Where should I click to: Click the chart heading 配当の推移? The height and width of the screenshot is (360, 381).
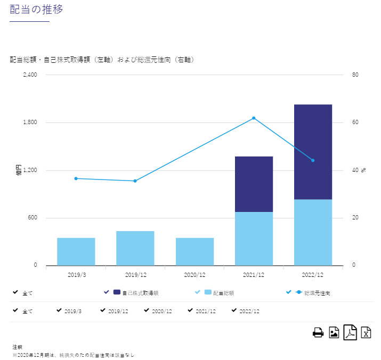click(x=37, y=9)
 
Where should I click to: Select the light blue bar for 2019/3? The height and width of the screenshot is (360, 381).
click(x=76, y=251)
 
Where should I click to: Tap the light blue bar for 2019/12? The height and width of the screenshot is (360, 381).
click(x=135, y=248)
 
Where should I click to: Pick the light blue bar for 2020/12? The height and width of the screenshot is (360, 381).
click(x=194, y=251)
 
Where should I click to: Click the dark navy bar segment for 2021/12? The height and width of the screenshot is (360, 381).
click(x=254, y=184)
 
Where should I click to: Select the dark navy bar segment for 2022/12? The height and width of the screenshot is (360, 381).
click(x=313, y=152)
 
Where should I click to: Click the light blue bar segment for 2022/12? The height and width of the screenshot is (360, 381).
click(x=313, y=232)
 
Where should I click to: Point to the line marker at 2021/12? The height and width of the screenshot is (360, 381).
click(x=254, y=118)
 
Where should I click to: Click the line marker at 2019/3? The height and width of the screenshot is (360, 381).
click(x=76, y=178)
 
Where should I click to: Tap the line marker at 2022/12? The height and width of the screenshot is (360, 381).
click(x=313, y=160)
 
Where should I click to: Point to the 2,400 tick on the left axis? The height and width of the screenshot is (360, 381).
click(x=30, y=75)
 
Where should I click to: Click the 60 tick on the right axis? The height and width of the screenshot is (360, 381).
click(x=355, y=122)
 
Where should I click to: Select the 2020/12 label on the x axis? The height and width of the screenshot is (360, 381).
click(x=194, y=275)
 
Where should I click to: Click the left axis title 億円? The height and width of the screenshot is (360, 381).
click(x=19, y=170)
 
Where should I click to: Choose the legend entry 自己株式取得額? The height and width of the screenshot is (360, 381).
click(x=140, y=293)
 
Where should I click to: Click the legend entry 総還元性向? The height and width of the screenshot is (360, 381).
click(x=317, y=293)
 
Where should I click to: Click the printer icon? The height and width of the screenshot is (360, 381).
click(x=318, y=333)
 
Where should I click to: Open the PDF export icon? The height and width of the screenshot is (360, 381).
click(x=350, y=333)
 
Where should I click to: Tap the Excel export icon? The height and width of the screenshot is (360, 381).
click(x=366, y=333)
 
